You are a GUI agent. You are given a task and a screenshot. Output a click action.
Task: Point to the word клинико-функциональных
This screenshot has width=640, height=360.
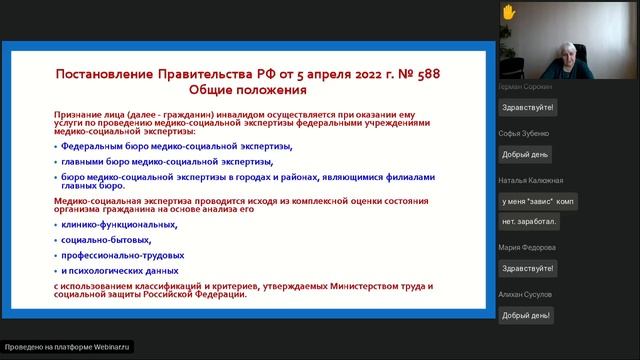coord(119,225)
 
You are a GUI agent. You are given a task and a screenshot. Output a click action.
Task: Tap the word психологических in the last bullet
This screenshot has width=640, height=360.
coord(117,270)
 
